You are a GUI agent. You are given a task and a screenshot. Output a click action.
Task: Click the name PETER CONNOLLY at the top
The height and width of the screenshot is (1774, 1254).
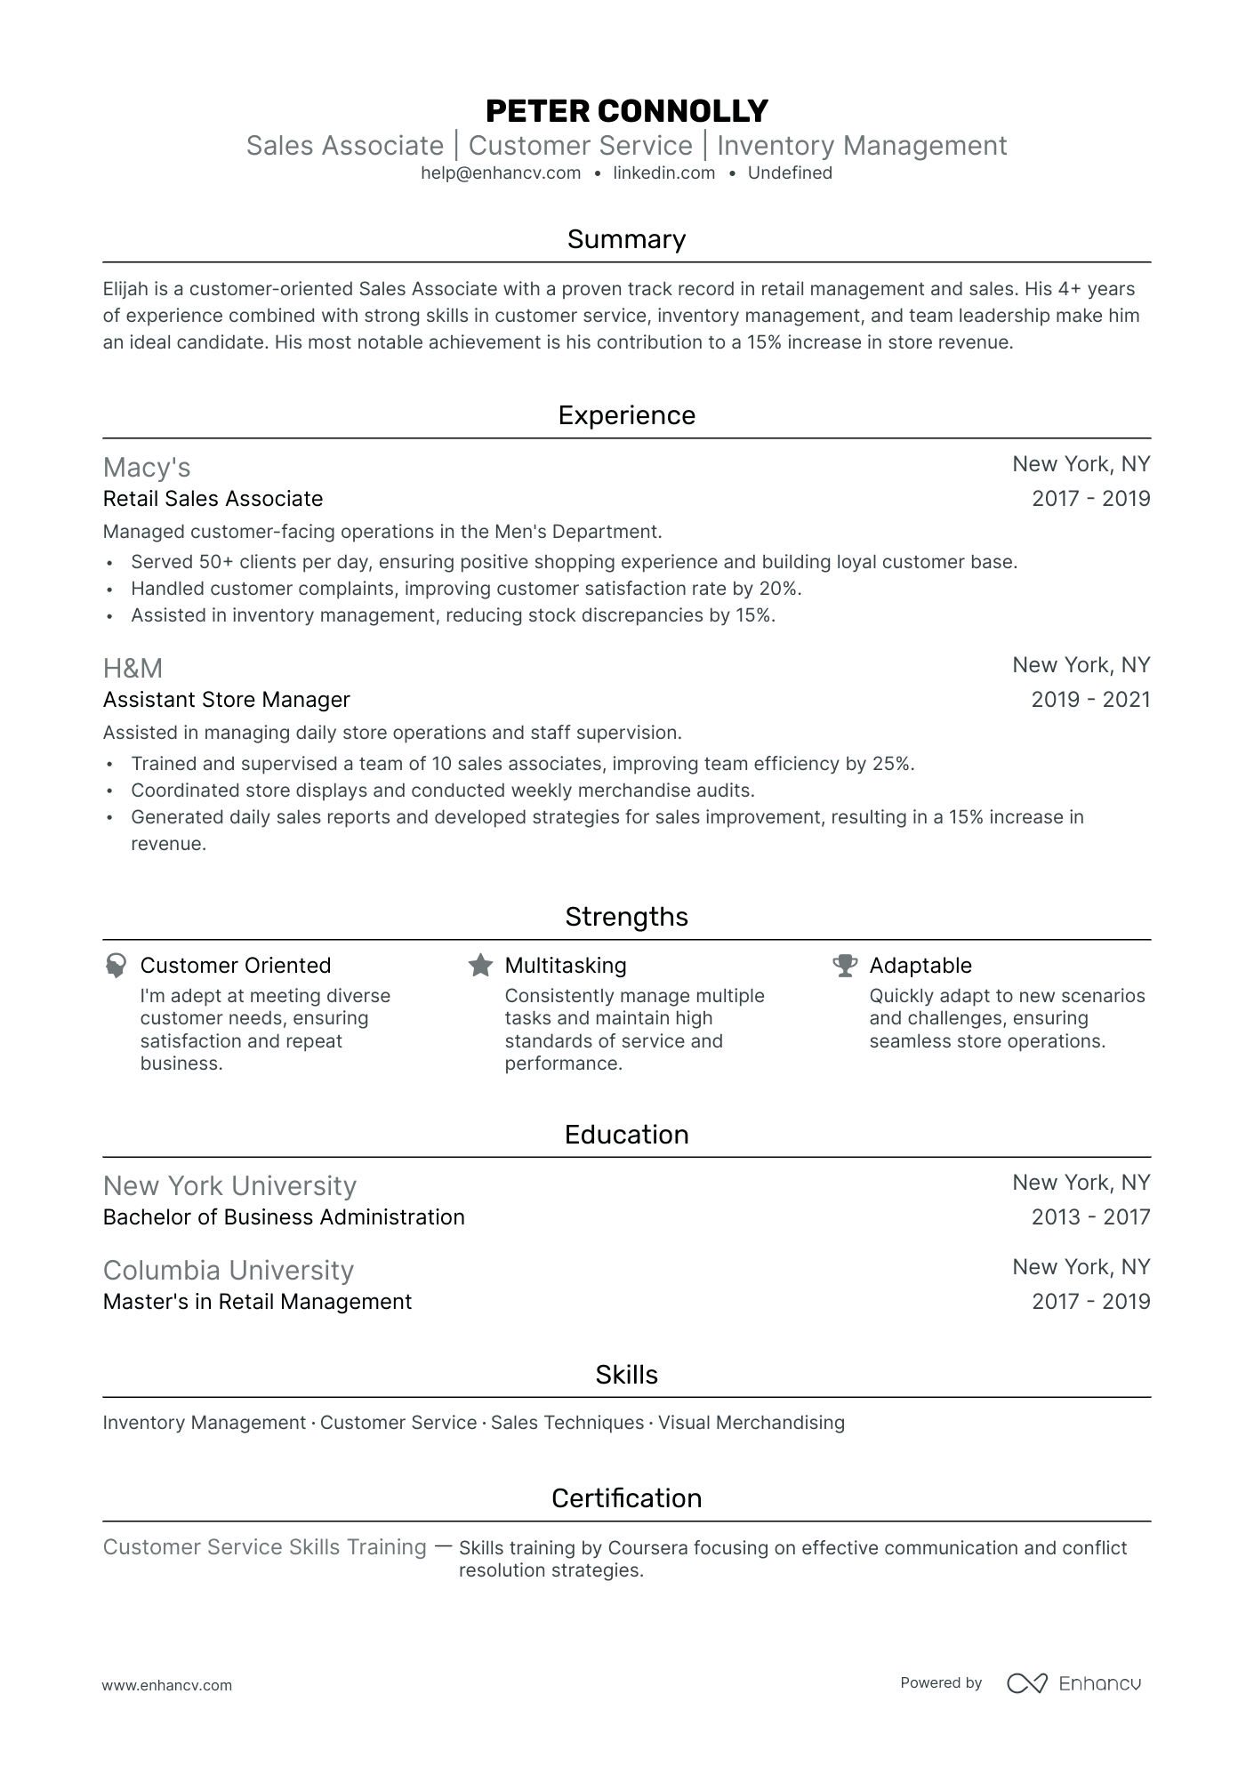tap(626, 111)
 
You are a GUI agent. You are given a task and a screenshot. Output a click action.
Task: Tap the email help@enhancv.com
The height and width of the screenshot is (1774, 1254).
tap(501, 173)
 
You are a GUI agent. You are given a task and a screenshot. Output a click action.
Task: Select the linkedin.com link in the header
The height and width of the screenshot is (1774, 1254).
tap(663, 173)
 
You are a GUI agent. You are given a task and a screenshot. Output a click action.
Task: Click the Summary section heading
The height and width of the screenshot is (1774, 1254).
tap(626, 239)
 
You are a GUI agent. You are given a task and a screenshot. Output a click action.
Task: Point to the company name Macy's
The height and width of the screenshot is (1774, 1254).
tap(147, 468)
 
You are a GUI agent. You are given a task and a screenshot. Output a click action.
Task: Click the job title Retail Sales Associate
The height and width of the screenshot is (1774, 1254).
tap(213, 499)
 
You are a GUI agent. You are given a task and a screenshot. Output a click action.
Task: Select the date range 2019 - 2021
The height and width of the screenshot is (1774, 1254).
tap(1090, 700)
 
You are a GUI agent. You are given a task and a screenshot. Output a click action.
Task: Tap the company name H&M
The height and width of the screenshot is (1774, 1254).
tap(133, 669)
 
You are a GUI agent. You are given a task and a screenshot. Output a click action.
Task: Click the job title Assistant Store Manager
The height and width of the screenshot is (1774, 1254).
tap(226, 700)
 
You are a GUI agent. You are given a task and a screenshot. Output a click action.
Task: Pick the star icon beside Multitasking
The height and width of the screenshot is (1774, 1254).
tap(480, 966)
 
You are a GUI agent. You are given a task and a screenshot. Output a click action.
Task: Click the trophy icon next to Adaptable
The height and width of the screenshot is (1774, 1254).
tap(845, 966)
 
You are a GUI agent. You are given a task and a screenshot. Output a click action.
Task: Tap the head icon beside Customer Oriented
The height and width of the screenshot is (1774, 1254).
tap(116, 966)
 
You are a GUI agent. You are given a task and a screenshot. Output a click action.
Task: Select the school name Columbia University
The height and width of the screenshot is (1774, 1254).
tap(228, 1271)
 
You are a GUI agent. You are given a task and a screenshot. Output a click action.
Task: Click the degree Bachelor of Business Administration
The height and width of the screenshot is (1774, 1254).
tap(284, 1217)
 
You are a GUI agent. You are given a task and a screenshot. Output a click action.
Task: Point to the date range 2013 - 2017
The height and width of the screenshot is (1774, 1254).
tap(1090, 1217)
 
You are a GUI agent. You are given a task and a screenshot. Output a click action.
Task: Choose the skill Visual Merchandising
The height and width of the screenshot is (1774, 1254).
tap(752, 1423)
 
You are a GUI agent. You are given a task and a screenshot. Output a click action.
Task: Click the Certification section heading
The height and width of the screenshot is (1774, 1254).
tap(626, 1498)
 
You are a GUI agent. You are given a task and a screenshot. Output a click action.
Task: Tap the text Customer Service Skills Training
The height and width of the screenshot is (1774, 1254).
tap(264, 1547)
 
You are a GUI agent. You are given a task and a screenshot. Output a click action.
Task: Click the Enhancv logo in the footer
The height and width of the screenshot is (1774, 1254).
tap(1073, 1683)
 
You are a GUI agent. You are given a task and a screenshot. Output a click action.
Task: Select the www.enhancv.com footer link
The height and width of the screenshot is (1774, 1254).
tap(167, 1685)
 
